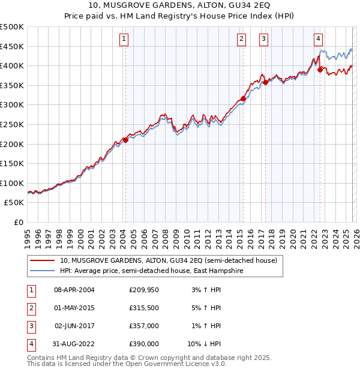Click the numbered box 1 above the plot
(124, 39)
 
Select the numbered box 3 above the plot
(263, 39)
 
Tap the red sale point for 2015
(243, 98)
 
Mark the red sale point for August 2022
(320, 70)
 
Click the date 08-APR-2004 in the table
(74, 290)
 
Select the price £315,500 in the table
(144, 308)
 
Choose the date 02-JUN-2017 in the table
(74, 326)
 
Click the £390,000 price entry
(144, 344)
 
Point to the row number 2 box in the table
(29, 308)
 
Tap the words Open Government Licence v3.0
(179, 364)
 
